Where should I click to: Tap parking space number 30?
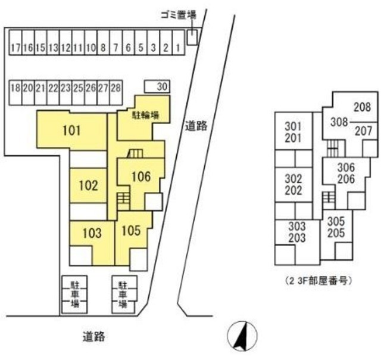click(x=161, y=87)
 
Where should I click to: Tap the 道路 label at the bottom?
click(x=93, y=337)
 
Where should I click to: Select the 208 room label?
click(x=362, y=107)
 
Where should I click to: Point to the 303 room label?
click(x=297, y=226)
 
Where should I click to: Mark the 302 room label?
click(x=293, y=179)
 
